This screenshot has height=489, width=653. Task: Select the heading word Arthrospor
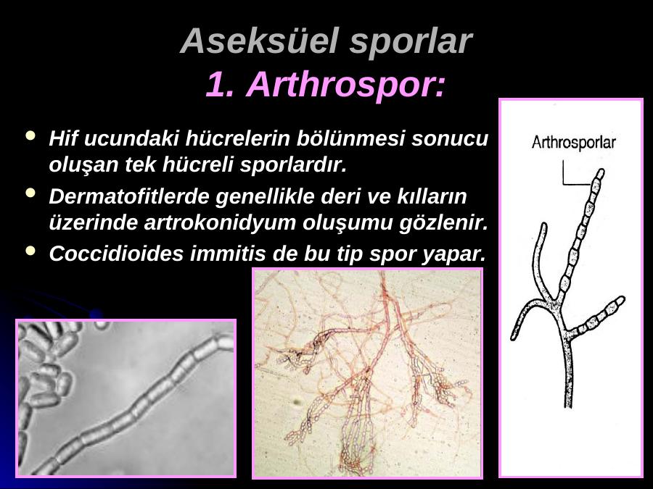[346, 85]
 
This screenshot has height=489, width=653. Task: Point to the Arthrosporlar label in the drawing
[573, 143]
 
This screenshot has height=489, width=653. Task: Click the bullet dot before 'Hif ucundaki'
[30, 135]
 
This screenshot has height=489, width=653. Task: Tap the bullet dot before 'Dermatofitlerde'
[30, 193]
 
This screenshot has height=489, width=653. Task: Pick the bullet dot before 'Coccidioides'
[30, 251]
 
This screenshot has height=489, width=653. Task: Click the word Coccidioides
[116, 254]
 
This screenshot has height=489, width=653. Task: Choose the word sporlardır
[293, 165]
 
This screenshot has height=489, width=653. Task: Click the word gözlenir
[443, 223]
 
